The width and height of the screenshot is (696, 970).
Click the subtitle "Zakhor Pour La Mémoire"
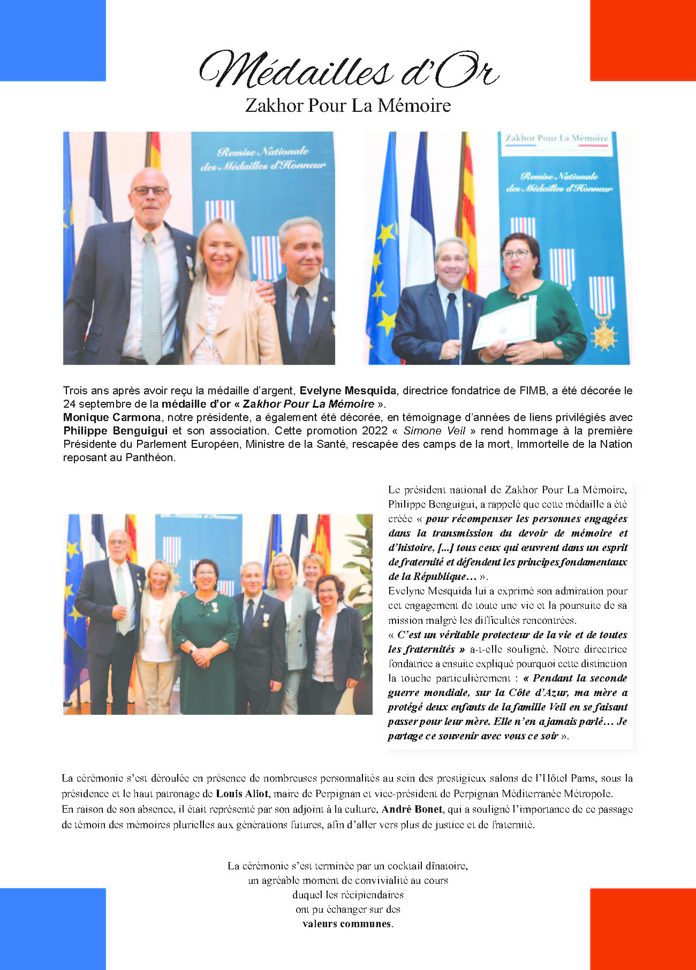(x=348, y=105)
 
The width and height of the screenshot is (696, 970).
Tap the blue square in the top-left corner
(x=52, y=40)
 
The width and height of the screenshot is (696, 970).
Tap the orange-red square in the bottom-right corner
(x=642, y=929)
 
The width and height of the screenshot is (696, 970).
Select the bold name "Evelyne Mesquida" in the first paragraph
(x=348, y=391)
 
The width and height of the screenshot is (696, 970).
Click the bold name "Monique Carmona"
(x=112, y=417)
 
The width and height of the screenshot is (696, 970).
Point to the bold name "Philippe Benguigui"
(x=115, y=431)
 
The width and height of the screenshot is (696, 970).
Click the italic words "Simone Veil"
(x=434, y=431)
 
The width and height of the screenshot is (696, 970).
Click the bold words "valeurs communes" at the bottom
(x=347, y=924)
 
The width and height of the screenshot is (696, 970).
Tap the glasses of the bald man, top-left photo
(x=150, y=191)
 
